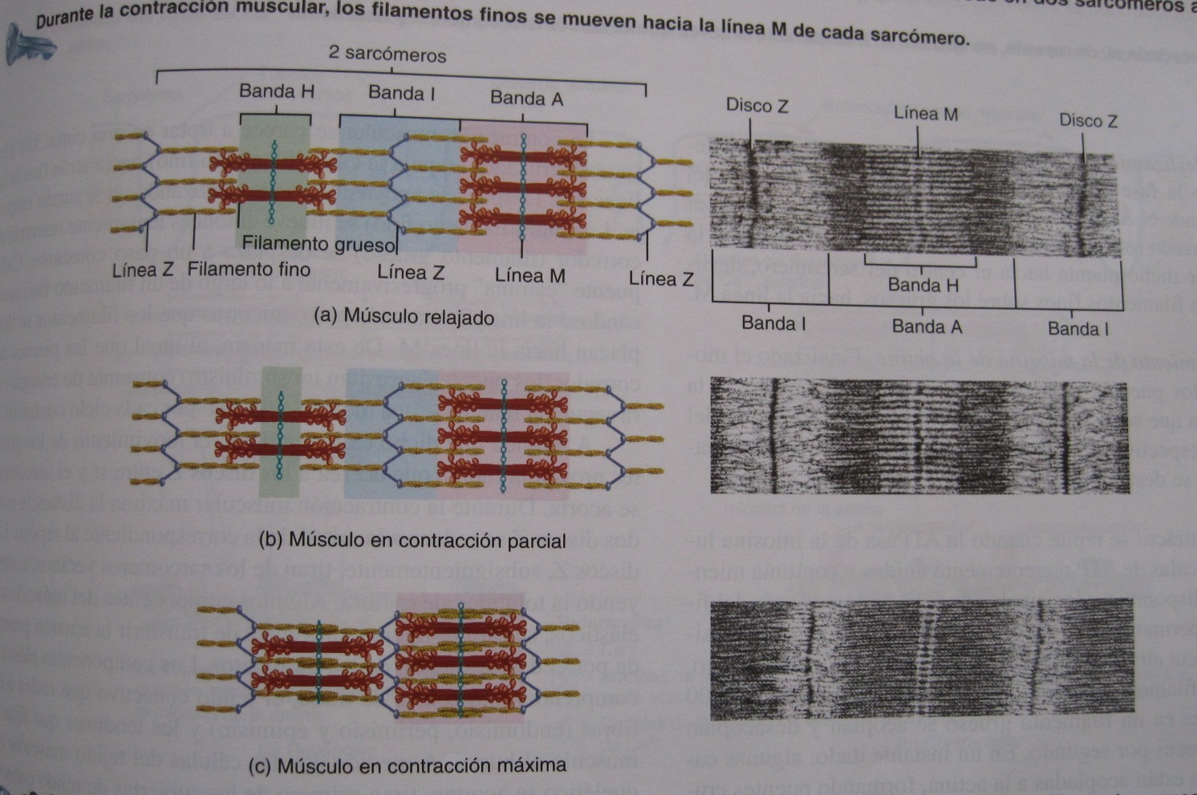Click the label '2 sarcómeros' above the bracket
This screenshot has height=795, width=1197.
pos(387,55)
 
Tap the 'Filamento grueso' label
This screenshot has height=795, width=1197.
pos(319,244)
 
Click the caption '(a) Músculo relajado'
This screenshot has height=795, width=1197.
pos(404,317)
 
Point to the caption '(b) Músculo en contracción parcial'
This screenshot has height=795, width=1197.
pos(413,541)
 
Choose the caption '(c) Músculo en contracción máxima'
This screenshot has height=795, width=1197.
pos(408,765)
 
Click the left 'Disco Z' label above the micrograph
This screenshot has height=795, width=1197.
pos(757,106)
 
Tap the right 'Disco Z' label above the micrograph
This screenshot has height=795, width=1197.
pos(1088,121)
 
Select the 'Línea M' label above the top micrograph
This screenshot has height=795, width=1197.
pos(926,114)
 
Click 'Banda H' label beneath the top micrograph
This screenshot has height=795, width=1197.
pos(923,286)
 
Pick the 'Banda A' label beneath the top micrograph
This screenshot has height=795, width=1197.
pos(927,327)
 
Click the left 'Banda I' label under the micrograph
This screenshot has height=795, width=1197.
pos(773,324)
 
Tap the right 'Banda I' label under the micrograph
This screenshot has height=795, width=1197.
pos(1077,329)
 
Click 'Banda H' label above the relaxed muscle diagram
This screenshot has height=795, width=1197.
pos(277,91)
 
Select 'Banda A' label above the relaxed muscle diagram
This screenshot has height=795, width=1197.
pos(526,99)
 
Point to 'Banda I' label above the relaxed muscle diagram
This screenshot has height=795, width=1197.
pos(401,93)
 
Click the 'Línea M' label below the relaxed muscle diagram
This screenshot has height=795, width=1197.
pos(530,276)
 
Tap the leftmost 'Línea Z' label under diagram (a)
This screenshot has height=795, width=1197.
pos(143,270)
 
